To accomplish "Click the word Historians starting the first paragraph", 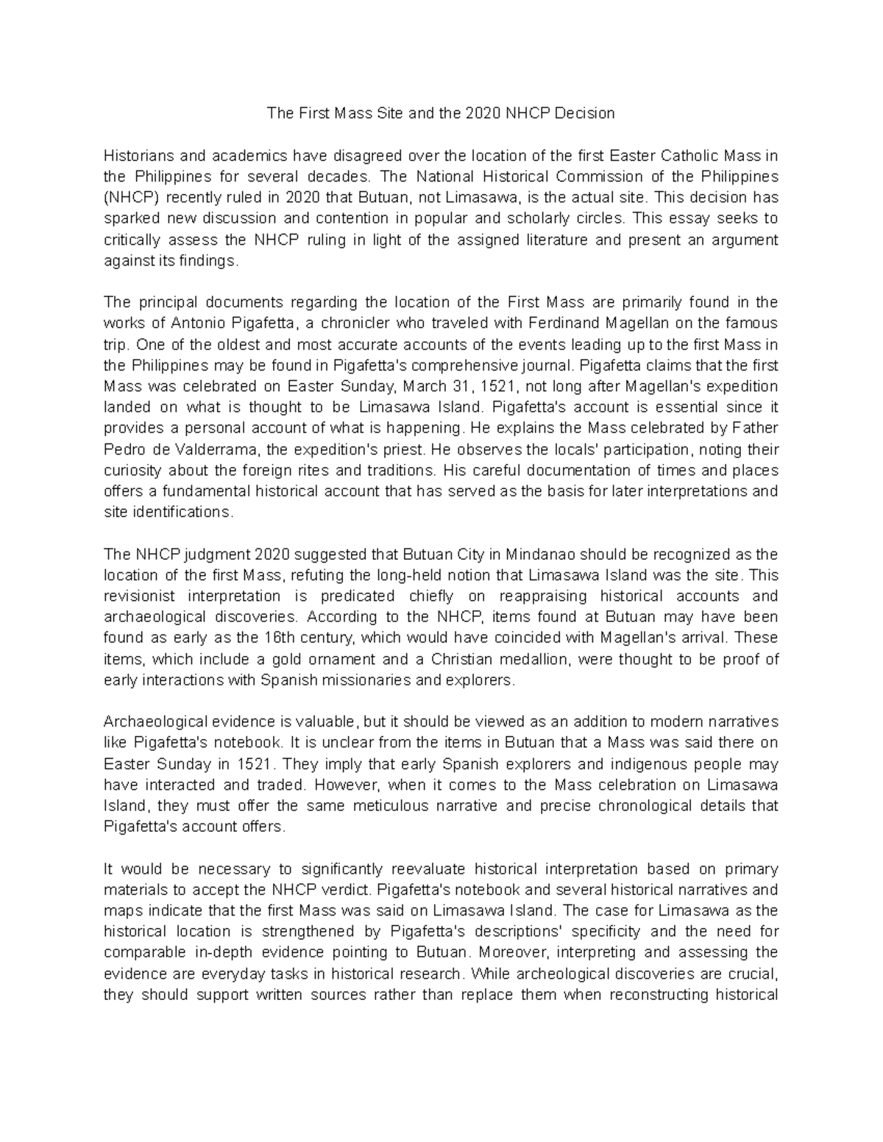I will pos(138,156).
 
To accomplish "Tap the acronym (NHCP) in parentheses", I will pos(132,198).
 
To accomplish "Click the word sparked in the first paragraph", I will pos(130,219).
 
